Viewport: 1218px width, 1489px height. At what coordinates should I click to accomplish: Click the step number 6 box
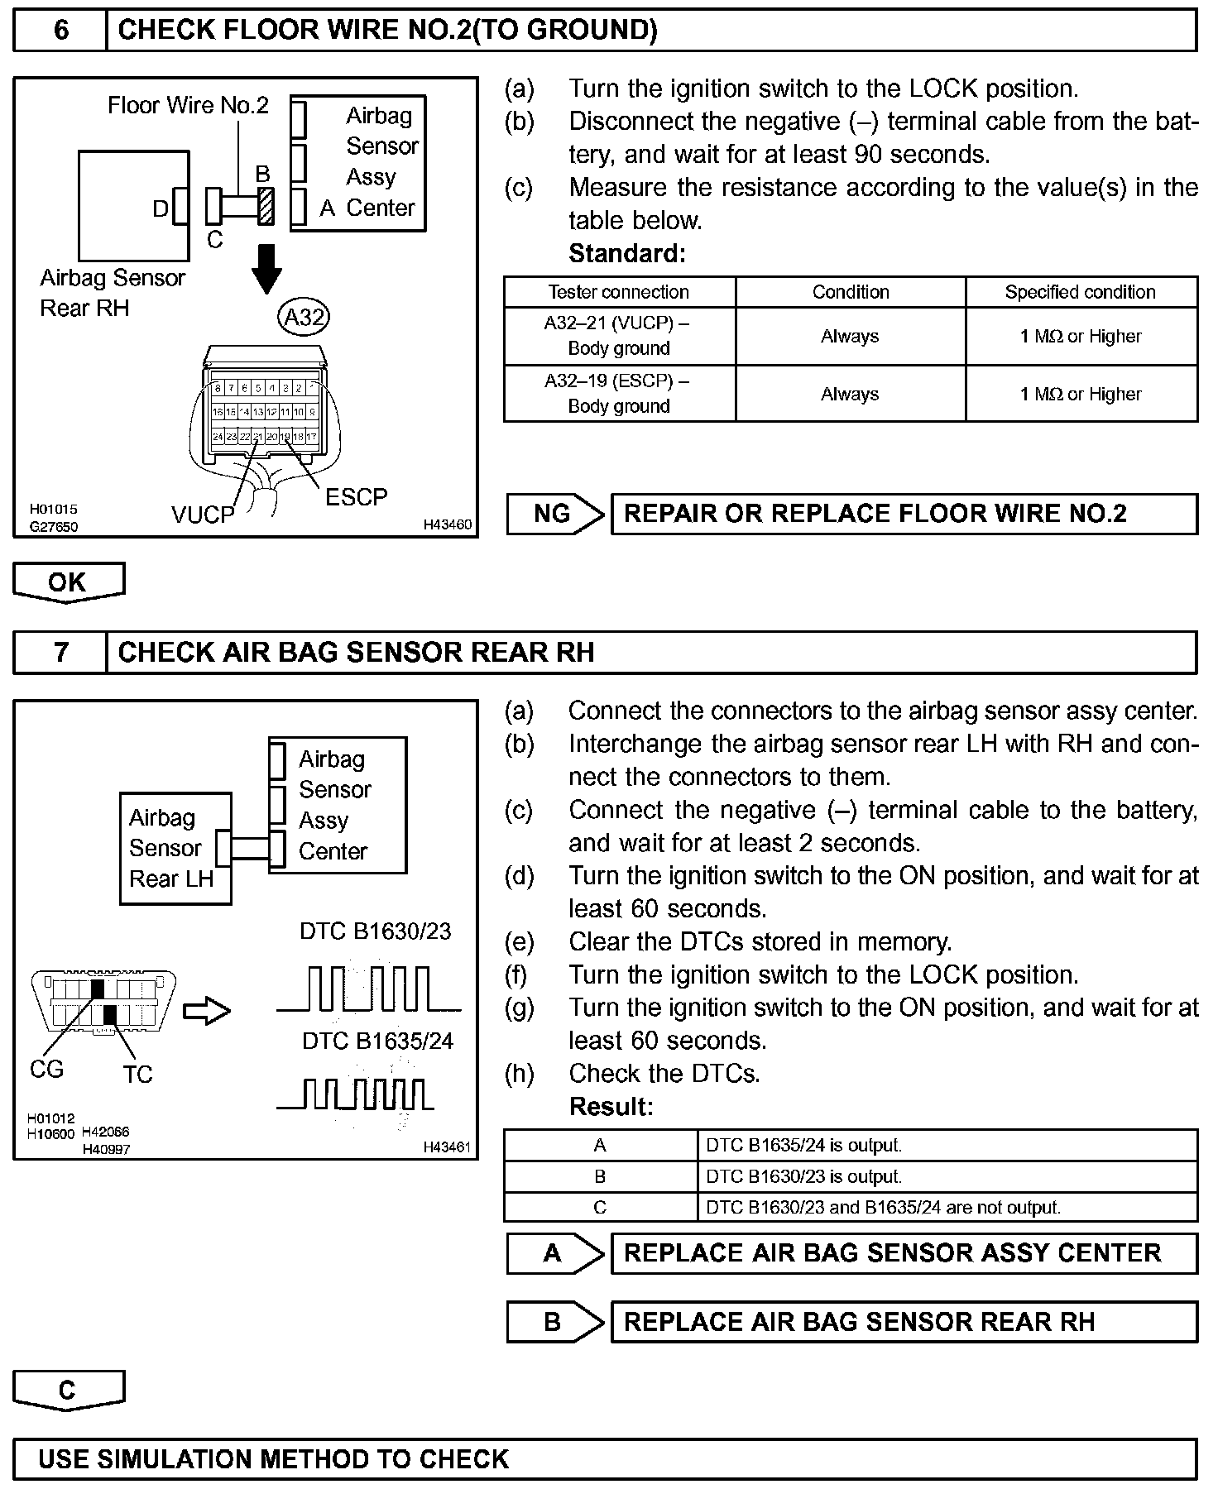[x=60, y=31]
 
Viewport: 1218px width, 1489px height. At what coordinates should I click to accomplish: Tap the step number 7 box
[x=60, y=653]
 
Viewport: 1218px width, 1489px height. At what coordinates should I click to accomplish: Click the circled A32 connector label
[x=304, y=317]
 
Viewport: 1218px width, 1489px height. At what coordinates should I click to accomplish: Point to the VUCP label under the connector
[x=203, y=515]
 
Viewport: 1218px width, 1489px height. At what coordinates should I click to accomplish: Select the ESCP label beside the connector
[x=356, y=497]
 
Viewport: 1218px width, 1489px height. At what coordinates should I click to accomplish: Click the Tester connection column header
[x=619, y=292]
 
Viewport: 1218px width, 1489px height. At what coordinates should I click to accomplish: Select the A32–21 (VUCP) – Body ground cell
[x=619, y=336]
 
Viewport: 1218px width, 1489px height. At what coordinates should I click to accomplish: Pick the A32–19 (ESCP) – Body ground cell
[x=619, y=394]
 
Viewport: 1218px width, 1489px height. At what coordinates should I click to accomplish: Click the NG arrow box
[x=554, y=514]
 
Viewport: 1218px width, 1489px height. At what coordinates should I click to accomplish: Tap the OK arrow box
[x=68, y=582]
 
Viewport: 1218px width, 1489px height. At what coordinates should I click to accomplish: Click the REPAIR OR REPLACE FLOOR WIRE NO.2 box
[x=904, y=514]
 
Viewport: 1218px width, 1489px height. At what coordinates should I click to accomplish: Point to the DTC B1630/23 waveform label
[x=376, y=931]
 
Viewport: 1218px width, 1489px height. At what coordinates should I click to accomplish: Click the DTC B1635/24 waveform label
[x=377, y=1041]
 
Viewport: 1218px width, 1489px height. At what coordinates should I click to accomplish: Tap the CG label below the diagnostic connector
[x=46, y=1070]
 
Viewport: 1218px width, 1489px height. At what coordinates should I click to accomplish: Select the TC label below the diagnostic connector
[x=137, y=1075]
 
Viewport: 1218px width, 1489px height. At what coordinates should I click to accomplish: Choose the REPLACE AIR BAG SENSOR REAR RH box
[x=904, y=1322]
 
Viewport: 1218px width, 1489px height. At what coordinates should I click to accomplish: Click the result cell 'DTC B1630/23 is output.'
[x=947, y=1176]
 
